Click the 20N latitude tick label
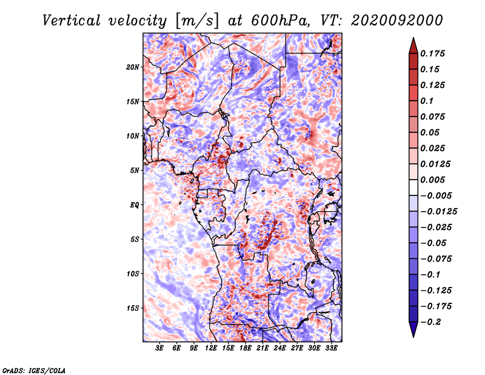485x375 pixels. tap(133, 67)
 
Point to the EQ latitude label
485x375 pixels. tap(135, 205)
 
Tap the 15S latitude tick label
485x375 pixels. tap(133, 308)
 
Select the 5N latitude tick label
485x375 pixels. tap(135, 171)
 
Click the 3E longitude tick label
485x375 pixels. tap(159, 348)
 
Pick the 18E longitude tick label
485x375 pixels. tap(246, 348)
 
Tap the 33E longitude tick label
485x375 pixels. tap(331, 348)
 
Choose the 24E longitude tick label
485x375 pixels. tap(279, 348)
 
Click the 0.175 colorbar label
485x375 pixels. tap(432, 53)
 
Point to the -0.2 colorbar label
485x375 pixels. tap(430, 322)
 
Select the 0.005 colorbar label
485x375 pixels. tap(432, 180)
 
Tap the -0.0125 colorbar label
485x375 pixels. tap(438, 212)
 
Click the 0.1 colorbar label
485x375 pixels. tap(427, 101)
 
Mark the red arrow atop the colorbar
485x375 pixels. tap(413, 46)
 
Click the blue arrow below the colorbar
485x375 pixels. tap(413, 329)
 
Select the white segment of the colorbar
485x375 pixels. tap(413, 187)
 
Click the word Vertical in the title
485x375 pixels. tap(72, 21)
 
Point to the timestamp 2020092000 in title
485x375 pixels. tap(397, 21)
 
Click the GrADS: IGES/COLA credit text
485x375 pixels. tap(34, 370)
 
